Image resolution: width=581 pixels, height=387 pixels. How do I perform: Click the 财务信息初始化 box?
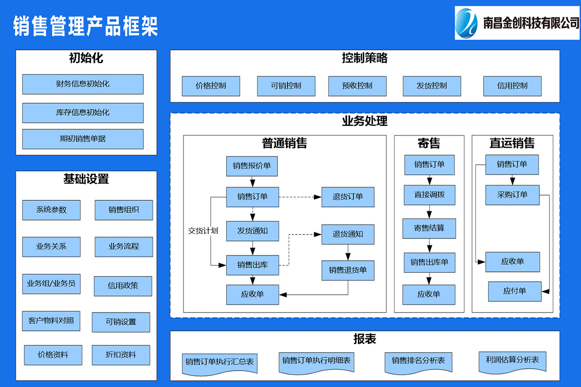pyautogui.click(x=83, y=84)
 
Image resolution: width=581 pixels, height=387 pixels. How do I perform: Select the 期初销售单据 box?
pyautogui.click(x=83, y=139)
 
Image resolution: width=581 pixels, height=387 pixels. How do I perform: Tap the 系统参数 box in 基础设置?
pyautogui.click(x=51, y=210)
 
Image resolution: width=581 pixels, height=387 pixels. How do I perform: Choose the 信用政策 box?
pyautogui.click(x=123, y=286)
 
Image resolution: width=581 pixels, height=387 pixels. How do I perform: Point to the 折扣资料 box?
pyautogui.click(x=121, y=355)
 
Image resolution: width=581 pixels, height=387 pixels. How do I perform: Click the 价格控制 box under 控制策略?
pyautogui.click(x=211, y=86)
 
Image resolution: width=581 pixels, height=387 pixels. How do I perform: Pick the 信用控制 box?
pyautogui.click(x=512, y=86)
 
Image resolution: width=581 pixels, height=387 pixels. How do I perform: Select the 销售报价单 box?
pyautogui.click(x=252, y=166)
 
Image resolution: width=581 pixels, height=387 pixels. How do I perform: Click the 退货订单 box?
pyautogui.click(x=348, y=197)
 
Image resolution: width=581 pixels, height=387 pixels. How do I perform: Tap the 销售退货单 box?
pyautogui.click(x=348, y=270)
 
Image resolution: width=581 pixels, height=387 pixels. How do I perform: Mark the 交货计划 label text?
pyautogui.click(x=203, y=231)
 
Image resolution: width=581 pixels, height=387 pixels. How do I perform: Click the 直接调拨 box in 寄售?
pyautogui.click(x=429, y=195)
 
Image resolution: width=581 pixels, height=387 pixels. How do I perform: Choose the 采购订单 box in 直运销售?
pyautogui.click(x=512, y=195)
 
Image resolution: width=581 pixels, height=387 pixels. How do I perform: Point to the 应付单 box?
pyautogui.click(x=514, y=291)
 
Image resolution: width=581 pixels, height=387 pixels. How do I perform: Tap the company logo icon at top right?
pyautogui.click(x=468, y=23)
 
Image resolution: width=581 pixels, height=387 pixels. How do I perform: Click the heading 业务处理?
pyautogui.click(x=365, y=121)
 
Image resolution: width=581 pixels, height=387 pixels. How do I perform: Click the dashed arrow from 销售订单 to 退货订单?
pyautogui.click(x=300, y=197)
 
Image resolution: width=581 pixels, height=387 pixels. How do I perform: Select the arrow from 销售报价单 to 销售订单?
pyautogui.click(x=252, y=182)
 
